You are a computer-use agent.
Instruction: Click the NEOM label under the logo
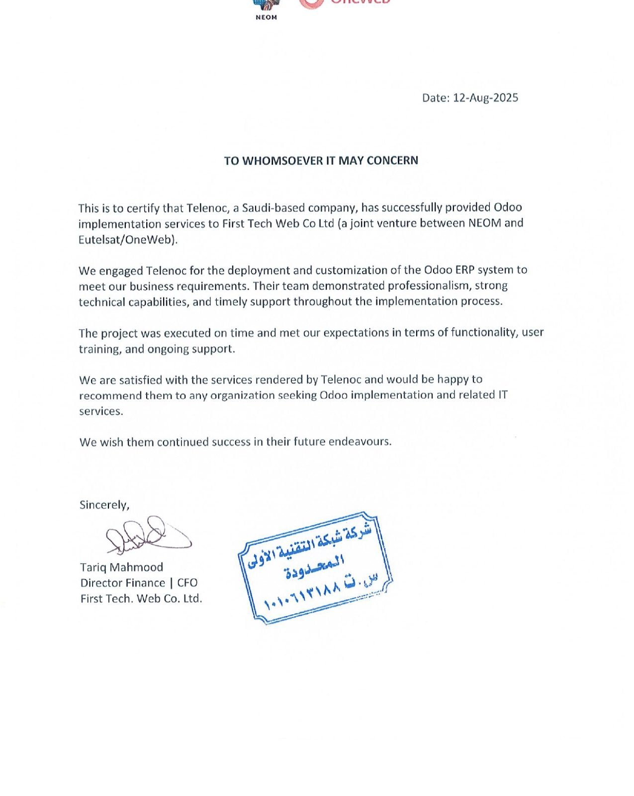[266, 17]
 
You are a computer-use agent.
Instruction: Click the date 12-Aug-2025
[485, 98]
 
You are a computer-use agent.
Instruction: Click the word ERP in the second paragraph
[464, 270]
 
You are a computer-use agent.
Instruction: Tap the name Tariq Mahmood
[121, 567]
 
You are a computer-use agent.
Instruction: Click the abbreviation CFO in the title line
[187, 583]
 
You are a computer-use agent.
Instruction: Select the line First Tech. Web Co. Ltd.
[141, 598]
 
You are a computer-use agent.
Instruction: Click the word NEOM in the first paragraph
[485, 223]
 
